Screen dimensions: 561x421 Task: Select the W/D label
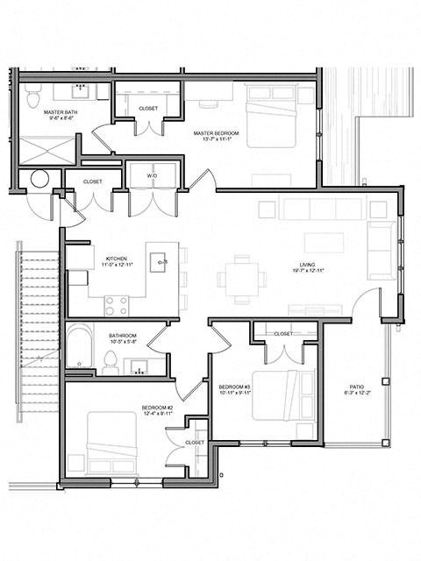(x=152, y=176)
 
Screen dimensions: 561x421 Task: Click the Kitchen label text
(x=118, y=259)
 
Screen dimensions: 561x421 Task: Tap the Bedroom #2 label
(x=158, y=408)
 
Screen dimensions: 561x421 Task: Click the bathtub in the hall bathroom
(x=80, y=348)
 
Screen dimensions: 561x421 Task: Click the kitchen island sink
(x=161, y=259)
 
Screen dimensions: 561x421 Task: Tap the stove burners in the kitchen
(x=116, y=305)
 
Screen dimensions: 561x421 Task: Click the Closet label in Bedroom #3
(x=282, y=334)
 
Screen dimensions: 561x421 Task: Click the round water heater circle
(x=39, y=179)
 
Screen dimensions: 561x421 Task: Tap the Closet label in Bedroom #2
(x=195, y=444)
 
